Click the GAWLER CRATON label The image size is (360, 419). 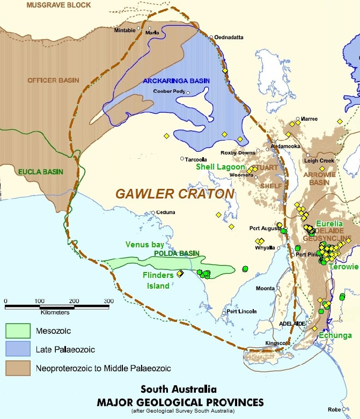(174, 193)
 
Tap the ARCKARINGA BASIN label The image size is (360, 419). (176, 81)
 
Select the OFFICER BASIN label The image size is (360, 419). (54, 80)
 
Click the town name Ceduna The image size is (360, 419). (166, 212)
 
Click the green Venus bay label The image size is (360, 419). (145, 244)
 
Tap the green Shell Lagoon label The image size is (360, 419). (220, 167)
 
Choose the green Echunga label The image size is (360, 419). (335, 335)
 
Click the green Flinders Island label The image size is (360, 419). (158, 280)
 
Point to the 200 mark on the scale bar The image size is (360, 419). (74, 300)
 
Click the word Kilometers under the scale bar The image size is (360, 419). (55, 312)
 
